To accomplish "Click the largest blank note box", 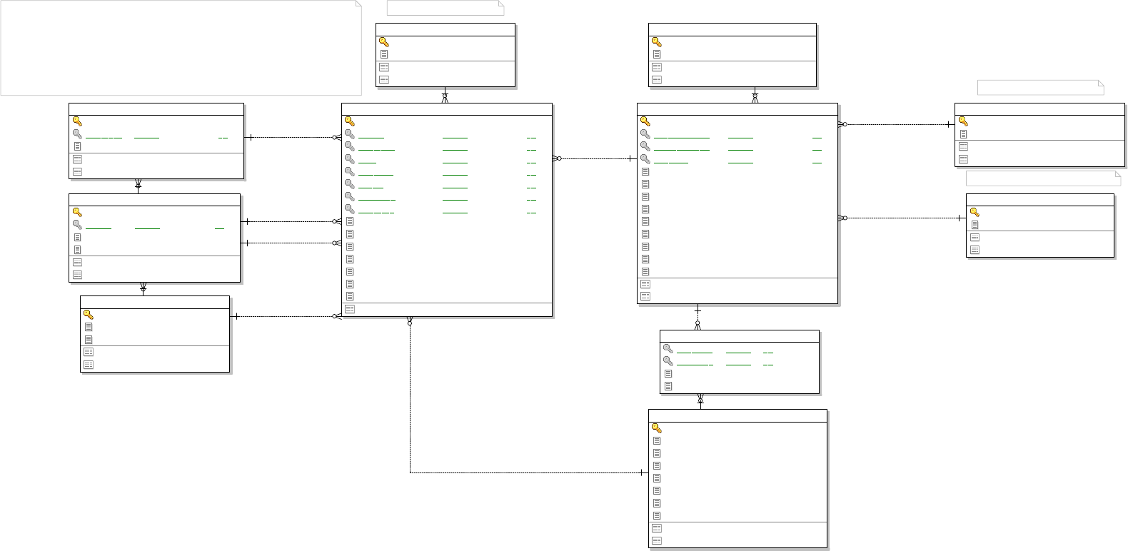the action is pos(181,48).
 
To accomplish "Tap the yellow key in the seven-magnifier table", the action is pos(350,121).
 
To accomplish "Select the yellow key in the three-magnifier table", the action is pos(645,121).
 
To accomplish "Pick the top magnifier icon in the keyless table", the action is pos(668,348).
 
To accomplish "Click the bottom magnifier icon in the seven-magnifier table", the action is pos(350,209).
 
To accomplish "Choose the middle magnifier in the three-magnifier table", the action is pos(645,146).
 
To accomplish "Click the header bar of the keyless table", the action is pos(739,335).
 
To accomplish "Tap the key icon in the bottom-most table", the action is pos(656,428).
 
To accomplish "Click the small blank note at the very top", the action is pos(445,8).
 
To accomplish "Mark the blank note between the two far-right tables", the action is pos(1043,178).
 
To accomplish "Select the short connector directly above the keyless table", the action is pos(698,317).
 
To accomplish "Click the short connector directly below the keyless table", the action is pos(700,401).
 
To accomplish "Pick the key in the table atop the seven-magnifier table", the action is pos(383,41).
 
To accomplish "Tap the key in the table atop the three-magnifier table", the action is pos(656,41).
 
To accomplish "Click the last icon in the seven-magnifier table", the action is pos(350,309).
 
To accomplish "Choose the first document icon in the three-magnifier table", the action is pos(645,171).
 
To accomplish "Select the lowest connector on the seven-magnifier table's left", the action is pos(286,316).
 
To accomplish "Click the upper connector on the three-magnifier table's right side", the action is pos(896,124).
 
